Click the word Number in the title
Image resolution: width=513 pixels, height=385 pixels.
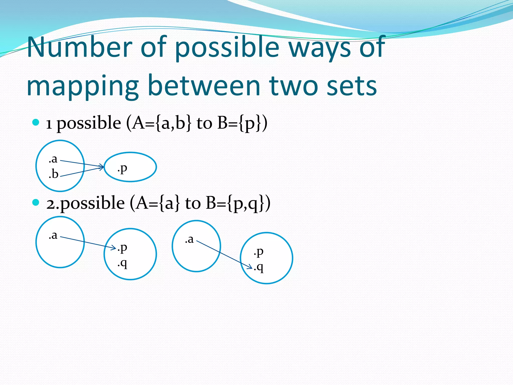80,47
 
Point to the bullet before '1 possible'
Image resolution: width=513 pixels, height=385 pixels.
36,123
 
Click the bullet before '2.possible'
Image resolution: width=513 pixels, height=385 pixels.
36,203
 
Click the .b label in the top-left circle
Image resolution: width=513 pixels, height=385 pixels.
54,174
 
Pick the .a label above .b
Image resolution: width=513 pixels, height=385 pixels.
53,159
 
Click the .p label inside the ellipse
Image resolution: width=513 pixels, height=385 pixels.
122,168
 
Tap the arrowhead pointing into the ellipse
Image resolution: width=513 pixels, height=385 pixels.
102,167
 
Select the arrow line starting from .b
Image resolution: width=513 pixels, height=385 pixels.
80,172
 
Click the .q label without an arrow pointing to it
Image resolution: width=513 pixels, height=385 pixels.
122,263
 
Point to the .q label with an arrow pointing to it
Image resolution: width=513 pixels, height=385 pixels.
259,267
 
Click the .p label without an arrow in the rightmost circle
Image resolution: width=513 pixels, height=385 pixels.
259,252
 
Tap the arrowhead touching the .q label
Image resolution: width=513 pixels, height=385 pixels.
250,267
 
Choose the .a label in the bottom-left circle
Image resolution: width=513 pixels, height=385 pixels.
53,235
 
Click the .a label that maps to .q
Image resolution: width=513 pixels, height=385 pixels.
189,239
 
